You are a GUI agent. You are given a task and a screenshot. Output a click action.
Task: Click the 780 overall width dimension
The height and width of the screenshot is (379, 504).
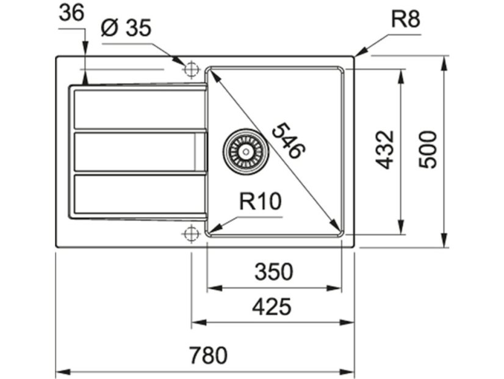click(208, 355)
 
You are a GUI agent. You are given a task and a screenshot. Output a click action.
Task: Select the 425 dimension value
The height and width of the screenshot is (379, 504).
click(272, 306)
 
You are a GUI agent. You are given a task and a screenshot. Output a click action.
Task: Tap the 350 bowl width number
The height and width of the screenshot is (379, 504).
click(274, 271)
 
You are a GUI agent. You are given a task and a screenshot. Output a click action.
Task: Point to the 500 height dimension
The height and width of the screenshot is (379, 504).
click(428, 149)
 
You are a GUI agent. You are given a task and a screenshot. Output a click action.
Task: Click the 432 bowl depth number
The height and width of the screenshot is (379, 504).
click(385, 149)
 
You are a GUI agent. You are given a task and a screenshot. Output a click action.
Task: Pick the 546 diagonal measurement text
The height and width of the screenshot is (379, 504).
click(287, 141)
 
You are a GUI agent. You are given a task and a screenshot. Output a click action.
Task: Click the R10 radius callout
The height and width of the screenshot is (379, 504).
click(260, 201)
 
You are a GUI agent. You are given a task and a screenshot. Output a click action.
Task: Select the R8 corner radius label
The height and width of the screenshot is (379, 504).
click(405, 20)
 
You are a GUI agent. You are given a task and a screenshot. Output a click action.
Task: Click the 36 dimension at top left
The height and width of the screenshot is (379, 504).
click(71, 13)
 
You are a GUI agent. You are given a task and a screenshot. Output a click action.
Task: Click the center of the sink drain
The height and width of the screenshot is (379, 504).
click(246, 152)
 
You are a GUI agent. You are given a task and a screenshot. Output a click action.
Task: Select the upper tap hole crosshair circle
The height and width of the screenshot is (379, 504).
click(191, 69)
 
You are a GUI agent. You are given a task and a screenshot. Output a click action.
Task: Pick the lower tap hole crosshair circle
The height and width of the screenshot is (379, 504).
click(191, 233)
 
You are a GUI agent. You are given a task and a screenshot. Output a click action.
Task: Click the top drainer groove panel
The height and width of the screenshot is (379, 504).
click(140, 109)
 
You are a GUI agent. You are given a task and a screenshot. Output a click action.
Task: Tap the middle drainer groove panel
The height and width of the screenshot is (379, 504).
click(140, 152)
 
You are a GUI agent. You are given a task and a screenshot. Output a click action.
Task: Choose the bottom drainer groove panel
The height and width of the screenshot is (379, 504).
click(140, 194)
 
